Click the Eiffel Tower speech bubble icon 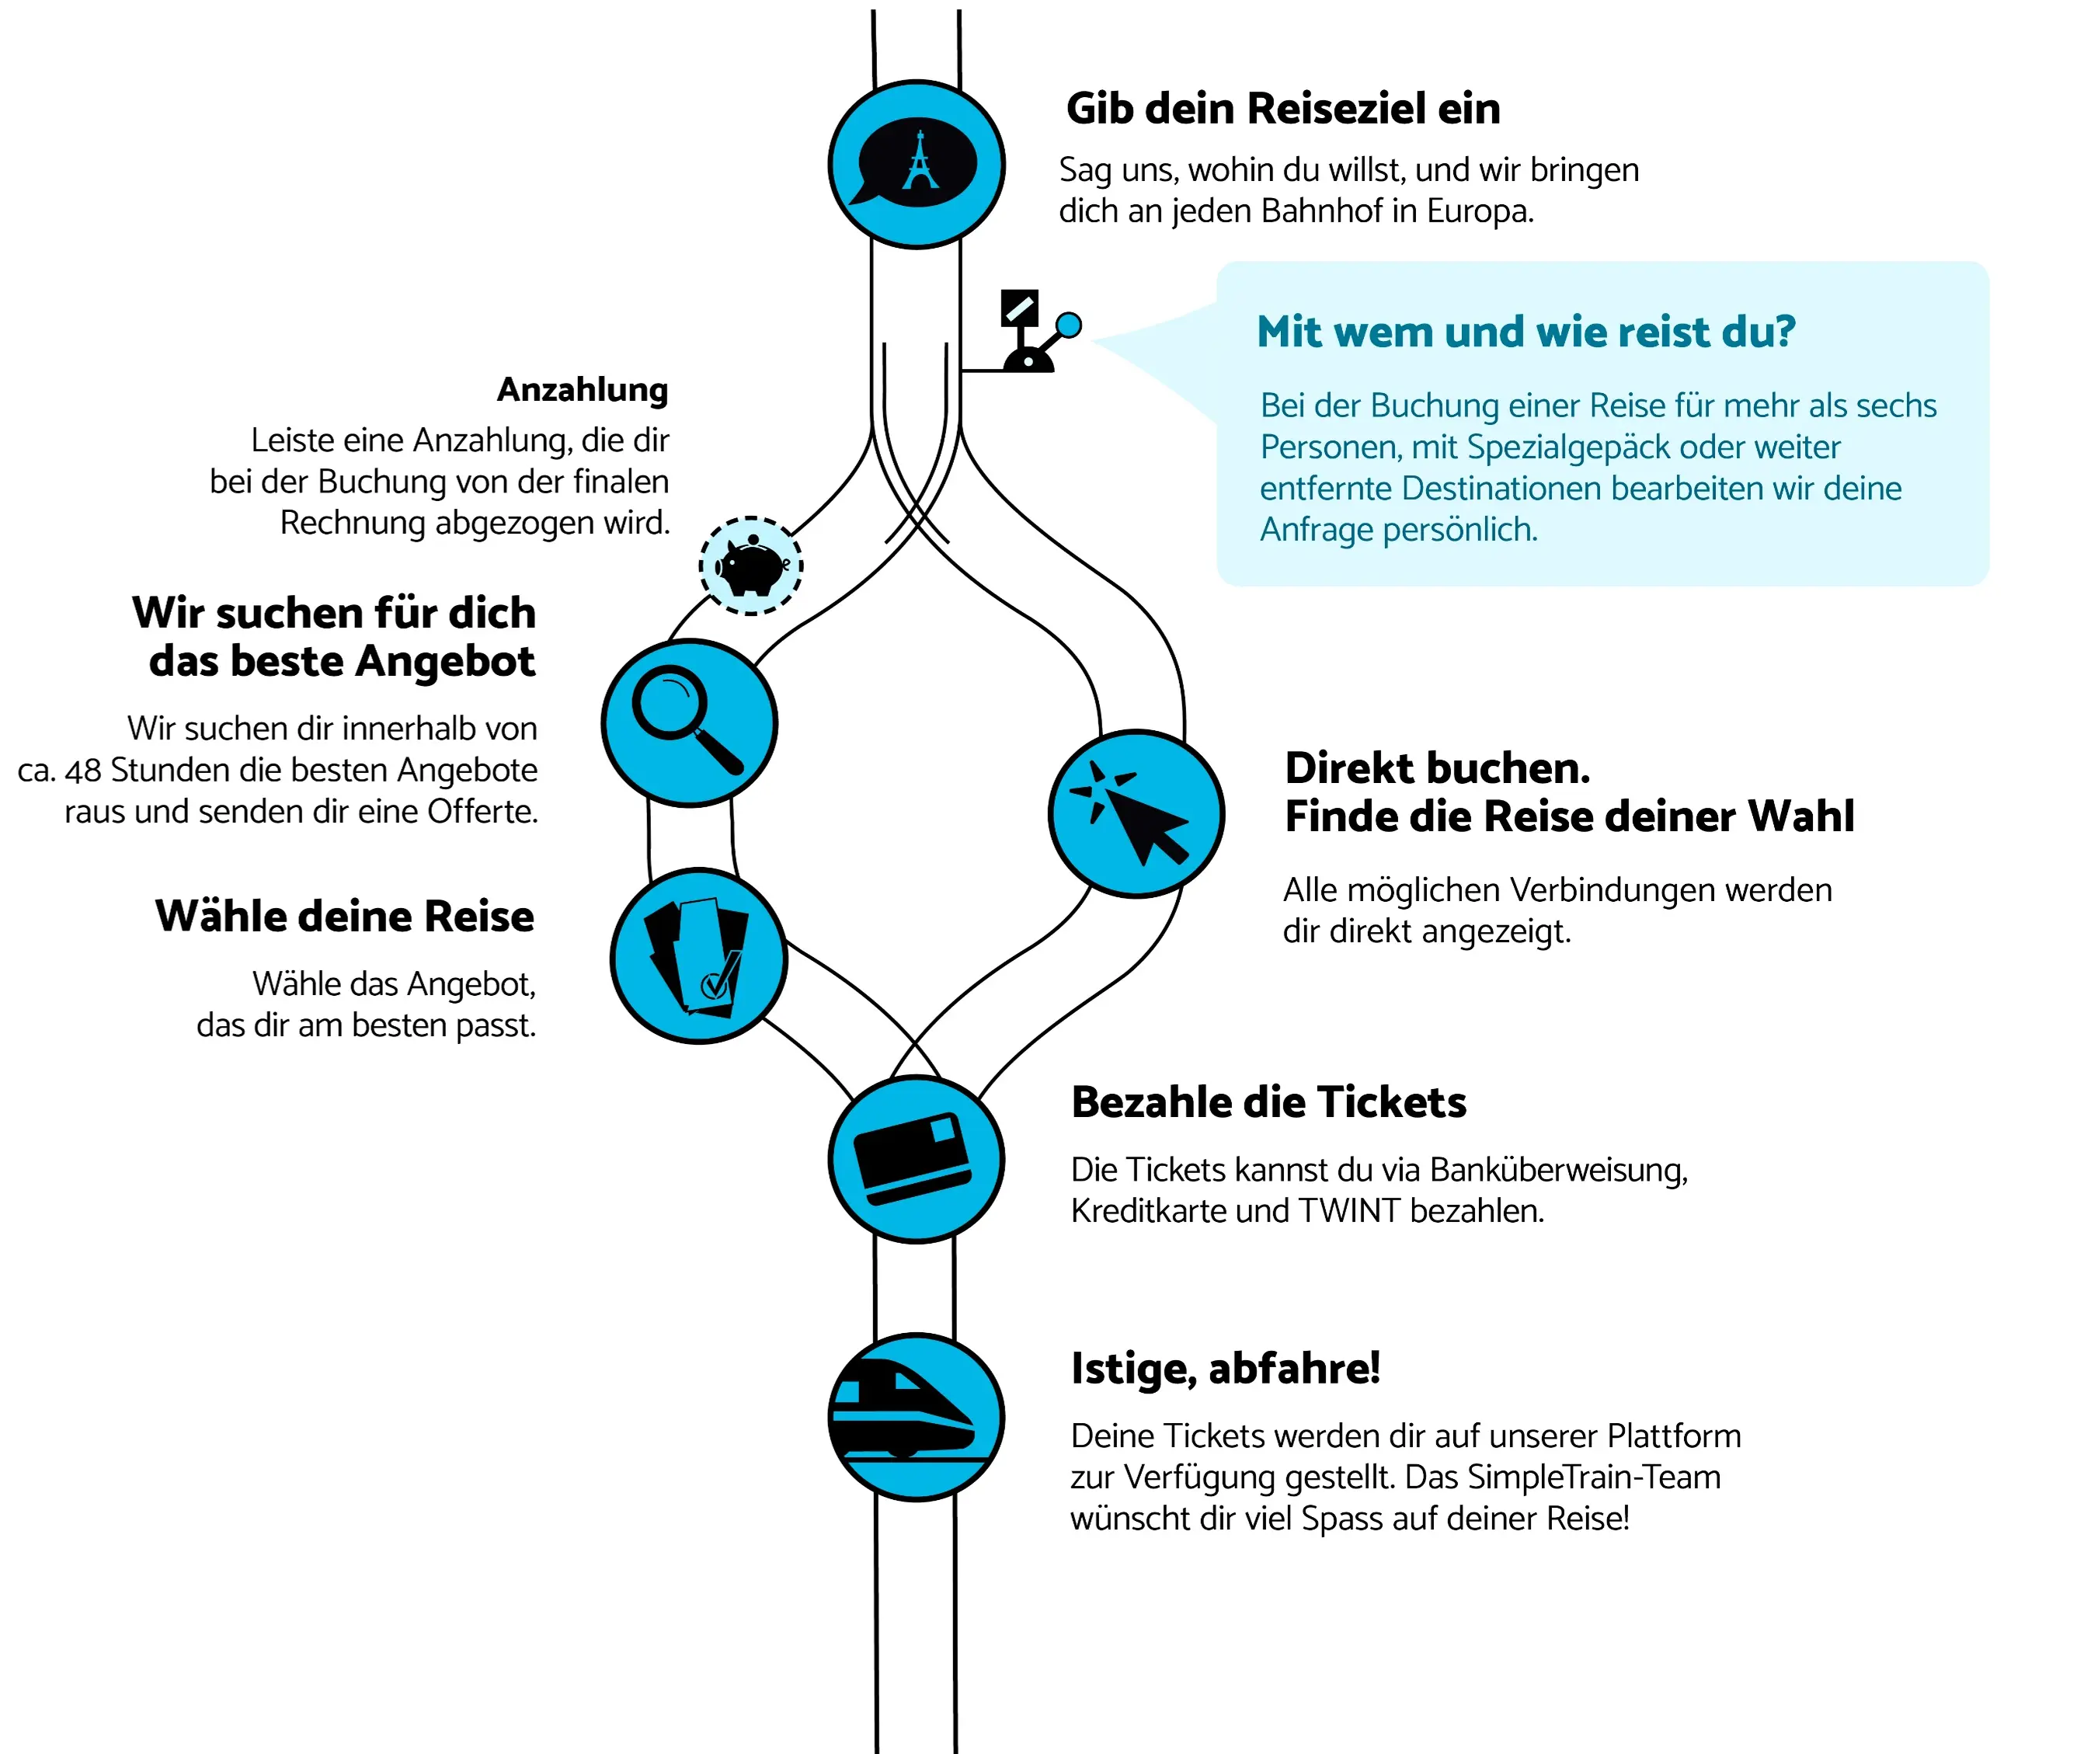(916, 164)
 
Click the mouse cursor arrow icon (1136, 814)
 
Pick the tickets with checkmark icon (699, 955)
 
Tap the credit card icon (916, 1158)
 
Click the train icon (916, 1417)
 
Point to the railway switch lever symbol (1034, 333)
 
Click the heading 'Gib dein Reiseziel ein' (1282, 109)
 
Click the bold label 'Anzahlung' (583, 390)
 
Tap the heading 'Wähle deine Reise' (344, 916)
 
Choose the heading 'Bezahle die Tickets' (1268, 1101)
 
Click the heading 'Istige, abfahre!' (1225, 1368)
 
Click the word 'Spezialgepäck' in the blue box (1568, 447)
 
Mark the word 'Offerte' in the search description (482, 812)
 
